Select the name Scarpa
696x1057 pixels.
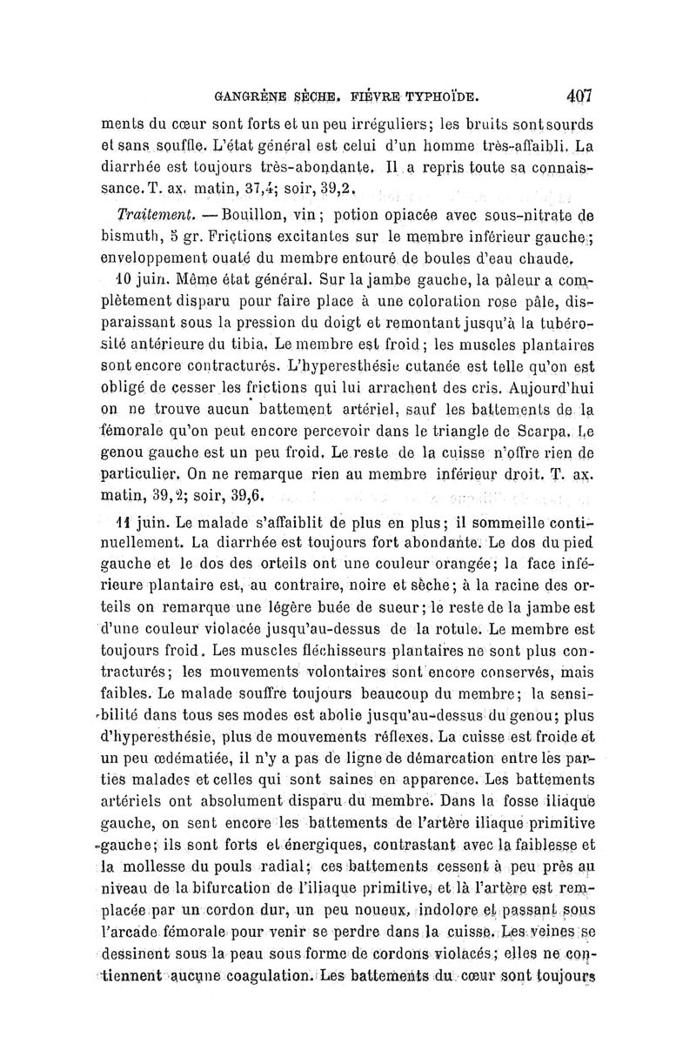click(542, 430)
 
